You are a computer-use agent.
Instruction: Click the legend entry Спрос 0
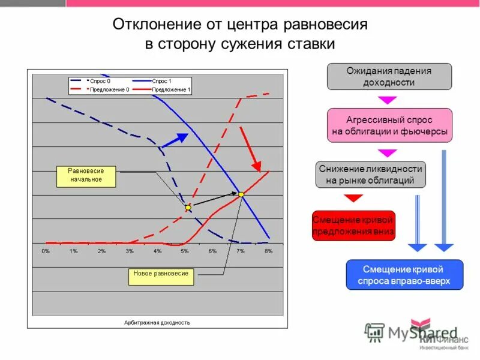click(x=99, y=80)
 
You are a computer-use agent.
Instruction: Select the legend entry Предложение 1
click(x=171, y=89)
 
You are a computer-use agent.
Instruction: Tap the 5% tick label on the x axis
click(x=185, y=250)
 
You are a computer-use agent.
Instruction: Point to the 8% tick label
click(x=268, y=250)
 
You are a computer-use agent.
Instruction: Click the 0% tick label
click(x=46, y=250)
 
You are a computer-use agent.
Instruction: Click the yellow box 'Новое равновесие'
click(x=161, y=274)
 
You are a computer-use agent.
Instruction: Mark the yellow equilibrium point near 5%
click(x=188, y=208)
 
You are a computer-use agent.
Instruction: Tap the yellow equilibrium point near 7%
click(x=241, y=194)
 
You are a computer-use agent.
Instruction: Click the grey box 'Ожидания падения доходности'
click(x=389, y=76)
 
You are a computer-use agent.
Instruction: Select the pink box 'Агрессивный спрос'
click(x=389, y=125)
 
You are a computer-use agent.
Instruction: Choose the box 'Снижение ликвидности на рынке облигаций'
click(x=371, y=174)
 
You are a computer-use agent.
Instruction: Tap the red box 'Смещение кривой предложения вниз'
click(x=353, y=226)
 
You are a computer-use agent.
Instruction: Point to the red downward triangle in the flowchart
click(x=353, y=199)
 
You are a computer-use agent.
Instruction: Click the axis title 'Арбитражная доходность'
click(x=157, y=322)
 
